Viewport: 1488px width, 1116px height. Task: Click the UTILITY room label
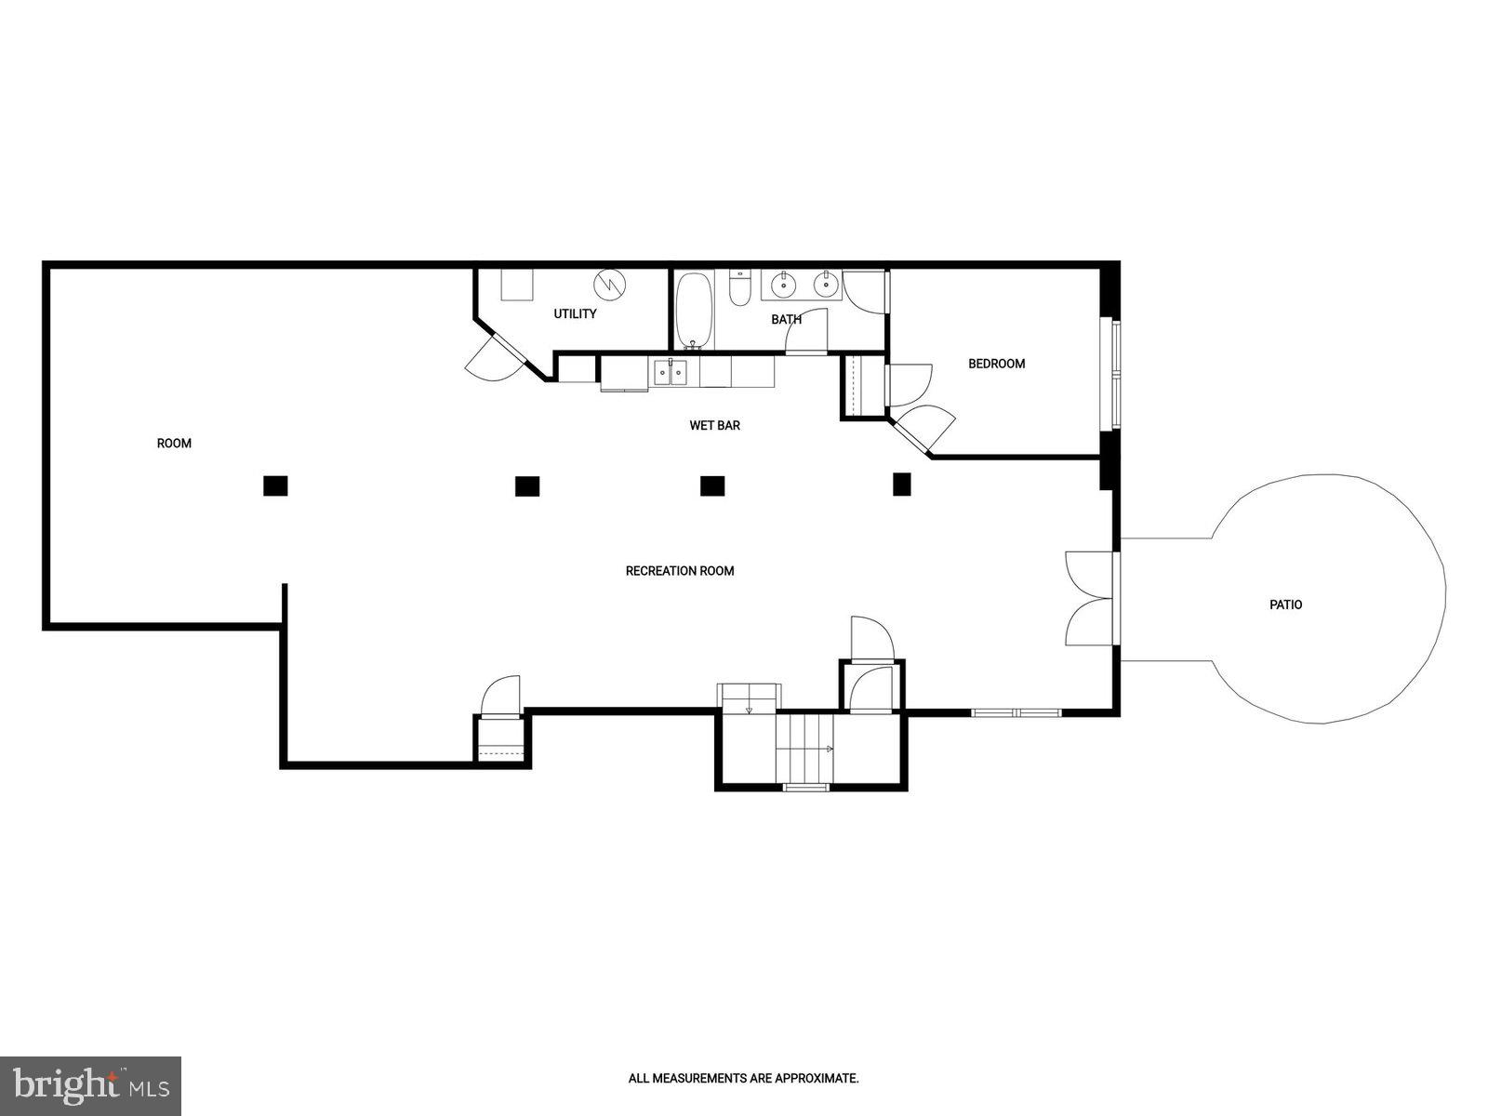(x=575, y=314)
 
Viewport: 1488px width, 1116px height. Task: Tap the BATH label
(x=786, y=320)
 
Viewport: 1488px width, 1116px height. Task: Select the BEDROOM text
(x=996, y=364)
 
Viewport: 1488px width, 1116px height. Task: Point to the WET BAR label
(x=714, y=426)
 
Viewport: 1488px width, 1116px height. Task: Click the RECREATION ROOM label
(x=680, y=571)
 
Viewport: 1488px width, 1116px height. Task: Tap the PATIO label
(x=1285, y=604)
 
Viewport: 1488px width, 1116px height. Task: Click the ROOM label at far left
(x=174, y=444)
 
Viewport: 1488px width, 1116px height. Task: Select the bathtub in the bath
(x=693, y=310)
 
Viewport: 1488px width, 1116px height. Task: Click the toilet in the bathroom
(x=740, y=289)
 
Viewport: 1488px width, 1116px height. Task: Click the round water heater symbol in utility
(x=611, y=284)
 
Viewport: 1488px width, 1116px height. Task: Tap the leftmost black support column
(x=275, y=485)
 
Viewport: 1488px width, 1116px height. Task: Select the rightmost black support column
(x=901, y=484)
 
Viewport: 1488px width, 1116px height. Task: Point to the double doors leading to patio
(x=1090, y=599)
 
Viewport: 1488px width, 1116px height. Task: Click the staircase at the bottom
(x=805, y=749)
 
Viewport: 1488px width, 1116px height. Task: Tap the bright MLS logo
(x=90, y=1084)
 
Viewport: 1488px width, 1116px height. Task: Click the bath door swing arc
(x=807, y=329)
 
